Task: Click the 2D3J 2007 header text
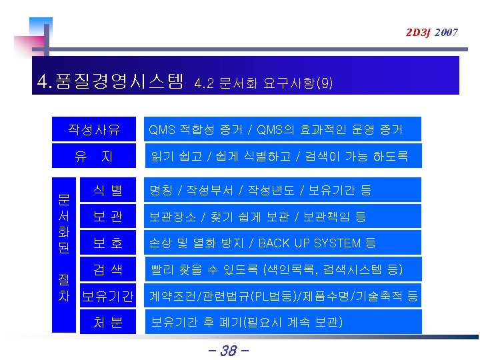(431, 32)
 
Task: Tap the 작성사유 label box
(94, 129)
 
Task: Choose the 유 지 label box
(94, 157)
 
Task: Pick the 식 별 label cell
(107, 190)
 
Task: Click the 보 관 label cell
(107, 217)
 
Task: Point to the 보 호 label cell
(107, 243)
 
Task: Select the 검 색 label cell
(107, 269)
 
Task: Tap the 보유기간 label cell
(107, 295)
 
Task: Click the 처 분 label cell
(107, 322)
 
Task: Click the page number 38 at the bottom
(228, 350)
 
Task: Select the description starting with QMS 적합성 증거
(275, 129)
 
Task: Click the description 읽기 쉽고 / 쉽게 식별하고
(279, 157)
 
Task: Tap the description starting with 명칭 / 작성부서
(261, 190)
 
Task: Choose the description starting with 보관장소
(257, 217)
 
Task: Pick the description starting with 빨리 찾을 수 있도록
(276, 269)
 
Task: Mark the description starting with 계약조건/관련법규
(283, 295)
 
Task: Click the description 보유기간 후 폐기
(247, 322)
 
